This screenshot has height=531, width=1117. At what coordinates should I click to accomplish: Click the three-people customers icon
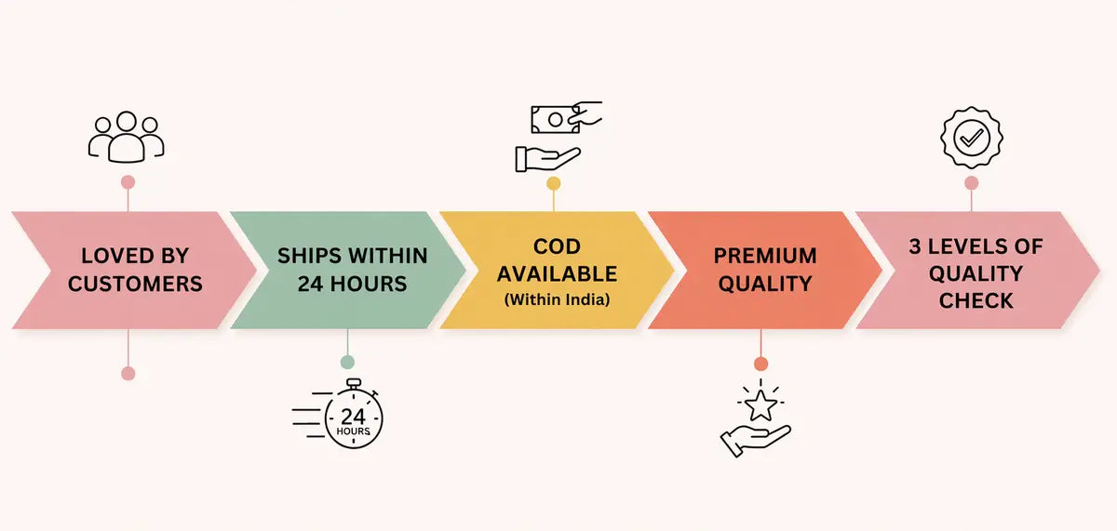[127, 138]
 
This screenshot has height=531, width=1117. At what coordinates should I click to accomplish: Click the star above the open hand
[760, 405]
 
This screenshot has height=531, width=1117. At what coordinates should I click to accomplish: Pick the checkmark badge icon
[971, 139]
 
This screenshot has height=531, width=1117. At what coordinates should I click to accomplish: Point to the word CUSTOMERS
[135, 284]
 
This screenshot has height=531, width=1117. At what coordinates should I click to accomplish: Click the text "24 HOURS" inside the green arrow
[353, 284]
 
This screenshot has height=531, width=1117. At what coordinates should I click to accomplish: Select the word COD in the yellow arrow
[557, 246]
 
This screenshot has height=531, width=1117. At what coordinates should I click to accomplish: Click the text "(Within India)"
[557, 299]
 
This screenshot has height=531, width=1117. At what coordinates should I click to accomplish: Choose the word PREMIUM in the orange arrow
[765, 256]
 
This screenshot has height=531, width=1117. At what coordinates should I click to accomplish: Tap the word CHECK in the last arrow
[976, 300]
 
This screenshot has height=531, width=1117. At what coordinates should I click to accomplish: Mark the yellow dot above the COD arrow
[554, 183]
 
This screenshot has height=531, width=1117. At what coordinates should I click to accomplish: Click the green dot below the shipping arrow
[347, 362]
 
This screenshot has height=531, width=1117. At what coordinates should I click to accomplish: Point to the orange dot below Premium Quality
[760, 364]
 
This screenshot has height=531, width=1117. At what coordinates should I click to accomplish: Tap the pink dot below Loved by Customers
[128, 373]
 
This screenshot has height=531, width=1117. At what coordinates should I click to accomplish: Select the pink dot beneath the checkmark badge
[971, 183]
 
